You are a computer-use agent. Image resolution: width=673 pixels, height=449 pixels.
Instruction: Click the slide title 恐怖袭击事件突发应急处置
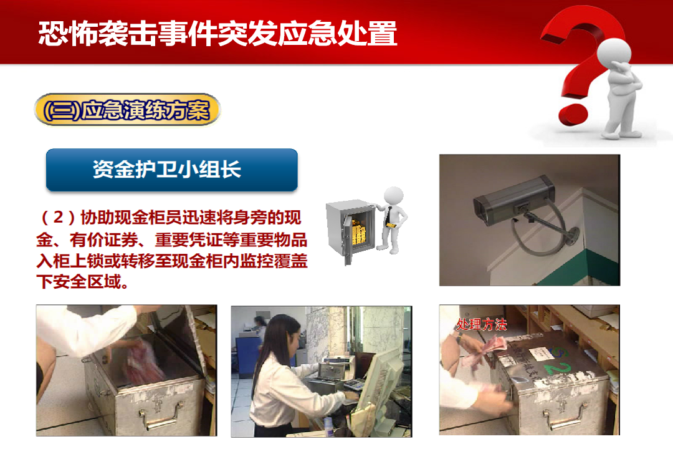[217, 33]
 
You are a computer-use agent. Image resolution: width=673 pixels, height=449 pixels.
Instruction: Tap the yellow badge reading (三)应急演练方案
[127, 110]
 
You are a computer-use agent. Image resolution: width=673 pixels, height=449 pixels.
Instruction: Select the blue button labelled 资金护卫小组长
[172, 170]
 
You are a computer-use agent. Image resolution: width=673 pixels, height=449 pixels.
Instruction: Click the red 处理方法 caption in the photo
[481, 324]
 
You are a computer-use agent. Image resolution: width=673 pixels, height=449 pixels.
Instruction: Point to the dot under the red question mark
[573, 113]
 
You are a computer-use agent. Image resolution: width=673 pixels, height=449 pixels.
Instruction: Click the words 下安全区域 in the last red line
[79, 282]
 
